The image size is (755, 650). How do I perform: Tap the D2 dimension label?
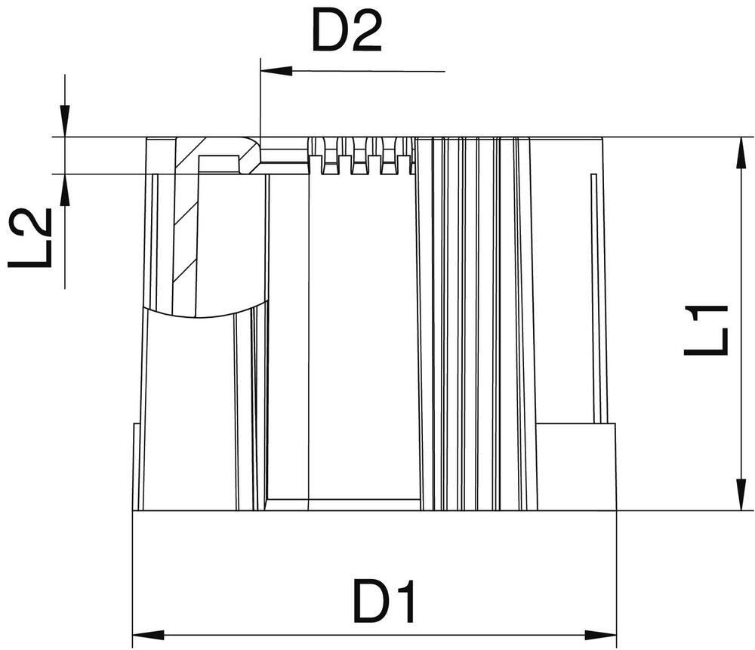click(x=347, y=32)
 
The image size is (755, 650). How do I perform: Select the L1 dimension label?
click(x=707, y=330)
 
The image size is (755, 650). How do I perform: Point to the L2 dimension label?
click(x=32, y=238)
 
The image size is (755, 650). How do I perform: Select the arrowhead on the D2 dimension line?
click(x=276, y=71)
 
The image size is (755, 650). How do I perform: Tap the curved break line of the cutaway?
click(x=204, y=314)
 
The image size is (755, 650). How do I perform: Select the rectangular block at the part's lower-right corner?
click(x=575, y=467)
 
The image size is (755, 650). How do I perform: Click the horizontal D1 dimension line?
click(x=377, y=635)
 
